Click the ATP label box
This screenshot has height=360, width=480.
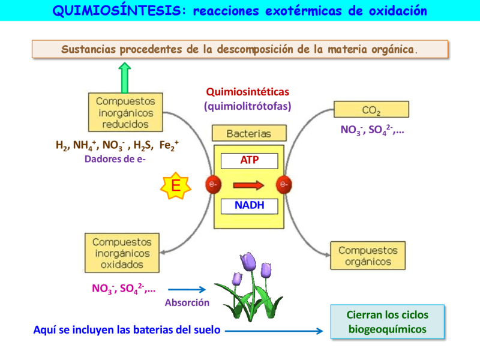point(249,161)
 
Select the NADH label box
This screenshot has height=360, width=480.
point(249,206)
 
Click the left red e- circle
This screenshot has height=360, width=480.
point(213,184)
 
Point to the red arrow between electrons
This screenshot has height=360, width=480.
point(248,184)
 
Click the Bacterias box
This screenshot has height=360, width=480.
point(249,133)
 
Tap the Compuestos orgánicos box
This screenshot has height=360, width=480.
point(368,256)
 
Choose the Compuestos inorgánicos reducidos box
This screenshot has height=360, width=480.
point(125,113)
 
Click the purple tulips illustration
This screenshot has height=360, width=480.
point(248,287)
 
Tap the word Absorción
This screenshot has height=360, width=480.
point(187,303)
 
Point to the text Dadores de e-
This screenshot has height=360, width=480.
point(115,159)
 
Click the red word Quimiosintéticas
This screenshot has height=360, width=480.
point(247,92)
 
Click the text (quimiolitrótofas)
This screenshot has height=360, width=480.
point(247,106)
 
